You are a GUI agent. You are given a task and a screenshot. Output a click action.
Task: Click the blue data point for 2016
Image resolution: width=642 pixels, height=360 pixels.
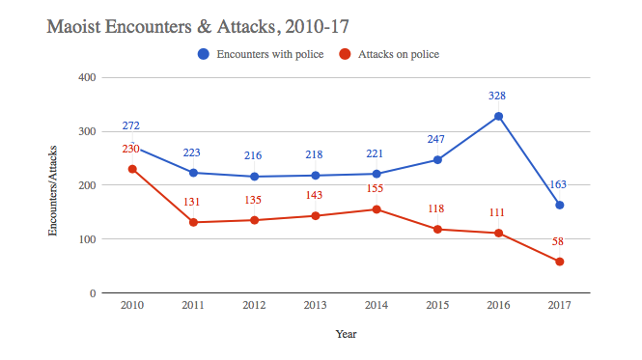tap(498, 117)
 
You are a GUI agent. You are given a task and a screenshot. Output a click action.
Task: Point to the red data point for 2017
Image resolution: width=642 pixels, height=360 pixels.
tap(559, 262)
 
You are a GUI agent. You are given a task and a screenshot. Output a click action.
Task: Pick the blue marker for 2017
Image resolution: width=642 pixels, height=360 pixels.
tap(559, 205)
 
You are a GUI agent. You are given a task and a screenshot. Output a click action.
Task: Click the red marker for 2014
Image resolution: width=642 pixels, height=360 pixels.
tap(377, 209)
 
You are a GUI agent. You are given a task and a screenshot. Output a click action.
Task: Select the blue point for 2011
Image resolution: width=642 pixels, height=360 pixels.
tap(194, 173)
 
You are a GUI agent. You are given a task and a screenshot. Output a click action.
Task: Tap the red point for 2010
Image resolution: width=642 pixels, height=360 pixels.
tap(133, 169)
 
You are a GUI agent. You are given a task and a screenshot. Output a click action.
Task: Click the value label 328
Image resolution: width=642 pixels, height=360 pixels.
tap(498, 96)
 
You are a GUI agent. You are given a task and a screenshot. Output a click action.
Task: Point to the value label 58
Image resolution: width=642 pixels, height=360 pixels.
tap(559, 241)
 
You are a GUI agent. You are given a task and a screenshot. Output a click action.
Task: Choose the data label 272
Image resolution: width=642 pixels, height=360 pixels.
tap(133, 125)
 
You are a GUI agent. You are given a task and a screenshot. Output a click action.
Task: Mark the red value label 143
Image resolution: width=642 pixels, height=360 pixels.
tap(316, 195)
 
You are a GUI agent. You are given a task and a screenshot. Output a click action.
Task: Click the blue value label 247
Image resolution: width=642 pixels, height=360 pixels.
tap(437, 139)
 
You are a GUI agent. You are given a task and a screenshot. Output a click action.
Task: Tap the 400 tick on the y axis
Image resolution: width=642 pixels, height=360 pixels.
tap(86, 77)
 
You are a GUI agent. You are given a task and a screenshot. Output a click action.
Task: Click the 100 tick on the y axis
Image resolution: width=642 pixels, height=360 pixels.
tap(86, 239)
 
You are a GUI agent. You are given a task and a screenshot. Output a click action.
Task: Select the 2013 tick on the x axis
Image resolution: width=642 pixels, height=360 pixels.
tap(316, 306)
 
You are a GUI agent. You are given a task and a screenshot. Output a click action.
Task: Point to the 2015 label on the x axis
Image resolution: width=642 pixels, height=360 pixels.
tap(437, 306)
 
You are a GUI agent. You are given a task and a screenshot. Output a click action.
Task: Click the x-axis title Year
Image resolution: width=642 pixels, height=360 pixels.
tap(346, 334)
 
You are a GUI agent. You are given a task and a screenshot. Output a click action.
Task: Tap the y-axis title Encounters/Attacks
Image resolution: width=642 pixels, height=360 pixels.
tap(54, 185)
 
